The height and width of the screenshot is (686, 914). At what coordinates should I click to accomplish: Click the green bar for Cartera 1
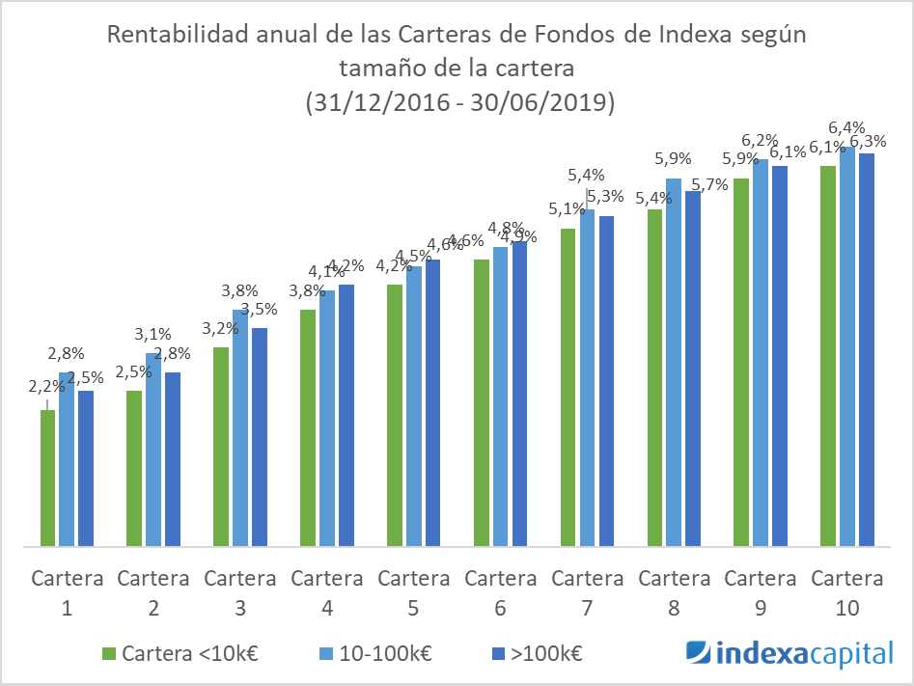(x=48, y=479)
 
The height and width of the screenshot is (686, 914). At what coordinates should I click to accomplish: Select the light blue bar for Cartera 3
(x=240, y=428)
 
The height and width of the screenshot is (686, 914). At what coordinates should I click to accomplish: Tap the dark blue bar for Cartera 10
(x=866, y=349)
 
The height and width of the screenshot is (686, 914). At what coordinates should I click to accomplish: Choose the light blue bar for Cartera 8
(x=674, y=363)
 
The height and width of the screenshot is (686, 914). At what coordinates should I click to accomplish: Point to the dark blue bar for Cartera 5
(x=431, y=403)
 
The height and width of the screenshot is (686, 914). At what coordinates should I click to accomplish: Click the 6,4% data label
(x=846, y=128)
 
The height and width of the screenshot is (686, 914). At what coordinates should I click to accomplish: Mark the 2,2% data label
(x=46, y=387)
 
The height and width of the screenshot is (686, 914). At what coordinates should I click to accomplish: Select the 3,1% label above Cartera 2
(x=152, y=335)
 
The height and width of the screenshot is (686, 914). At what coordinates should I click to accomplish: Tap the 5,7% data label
(x=710, y=185)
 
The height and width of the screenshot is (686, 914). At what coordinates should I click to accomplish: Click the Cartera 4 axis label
(x=327, y=592)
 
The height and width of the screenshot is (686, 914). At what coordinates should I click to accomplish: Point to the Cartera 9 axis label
(x=761, y=592)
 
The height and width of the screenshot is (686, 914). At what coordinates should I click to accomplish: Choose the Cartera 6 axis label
(x=500, y=592)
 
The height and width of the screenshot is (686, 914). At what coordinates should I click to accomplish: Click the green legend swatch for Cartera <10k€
(x=108, y=653)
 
